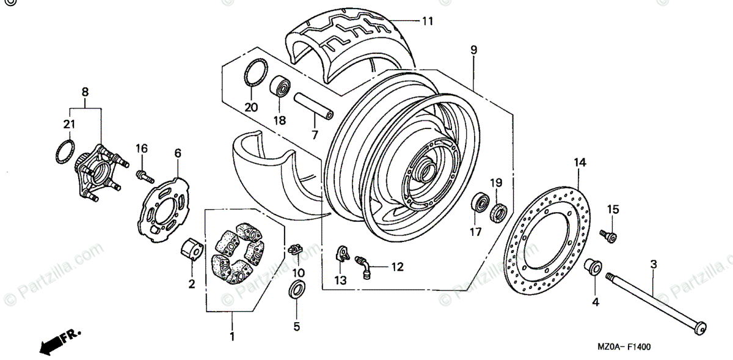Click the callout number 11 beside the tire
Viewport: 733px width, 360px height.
(427, 21)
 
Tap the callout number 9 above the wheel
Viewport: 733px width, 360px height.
(473, 50)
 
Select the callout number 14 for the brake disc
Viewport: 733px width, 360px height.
(579, 162)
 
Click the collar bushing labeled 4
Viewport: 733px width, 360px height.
(592, 268)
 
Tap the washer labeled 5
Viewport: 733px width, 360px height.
(296, 290)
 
